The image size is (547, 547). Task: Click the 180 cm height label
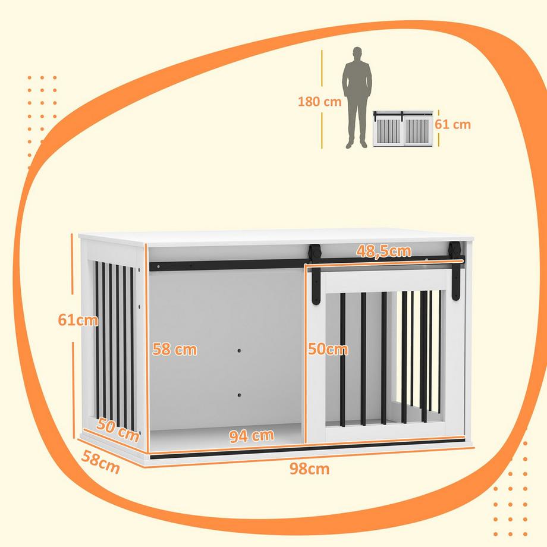pyautogui.click(x=319, y=101)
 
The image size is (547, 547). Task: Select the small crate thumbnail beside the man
pyautogui.click(x=403, y=128)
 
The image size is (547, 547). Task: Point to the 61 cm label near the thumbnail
pyautogui.click(x=452, y=124)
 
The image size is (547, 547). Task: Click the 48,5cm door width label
pyautogui.click(x=383, y=251)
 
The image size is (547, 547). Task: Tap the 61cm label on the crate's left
pyautogui.click(x=78, y=320)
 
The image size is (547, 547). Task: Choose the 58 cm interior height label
pyautogui.click(x=174, y=350)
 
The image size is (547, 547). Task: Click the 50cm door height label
pyautogui.click(x=328, y=350)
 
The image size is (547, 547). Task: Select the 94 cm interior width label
pyautogui.click(x=252, y=436)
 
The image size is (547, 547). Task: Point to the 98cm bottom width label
pyautogui.click(x=309, y=469)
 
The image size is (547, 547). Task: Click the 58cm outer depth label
pyautogui.click(x=100, y=463)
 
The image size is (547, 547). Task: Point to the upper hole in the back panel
pyautogui.click(x=239, y=351)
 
